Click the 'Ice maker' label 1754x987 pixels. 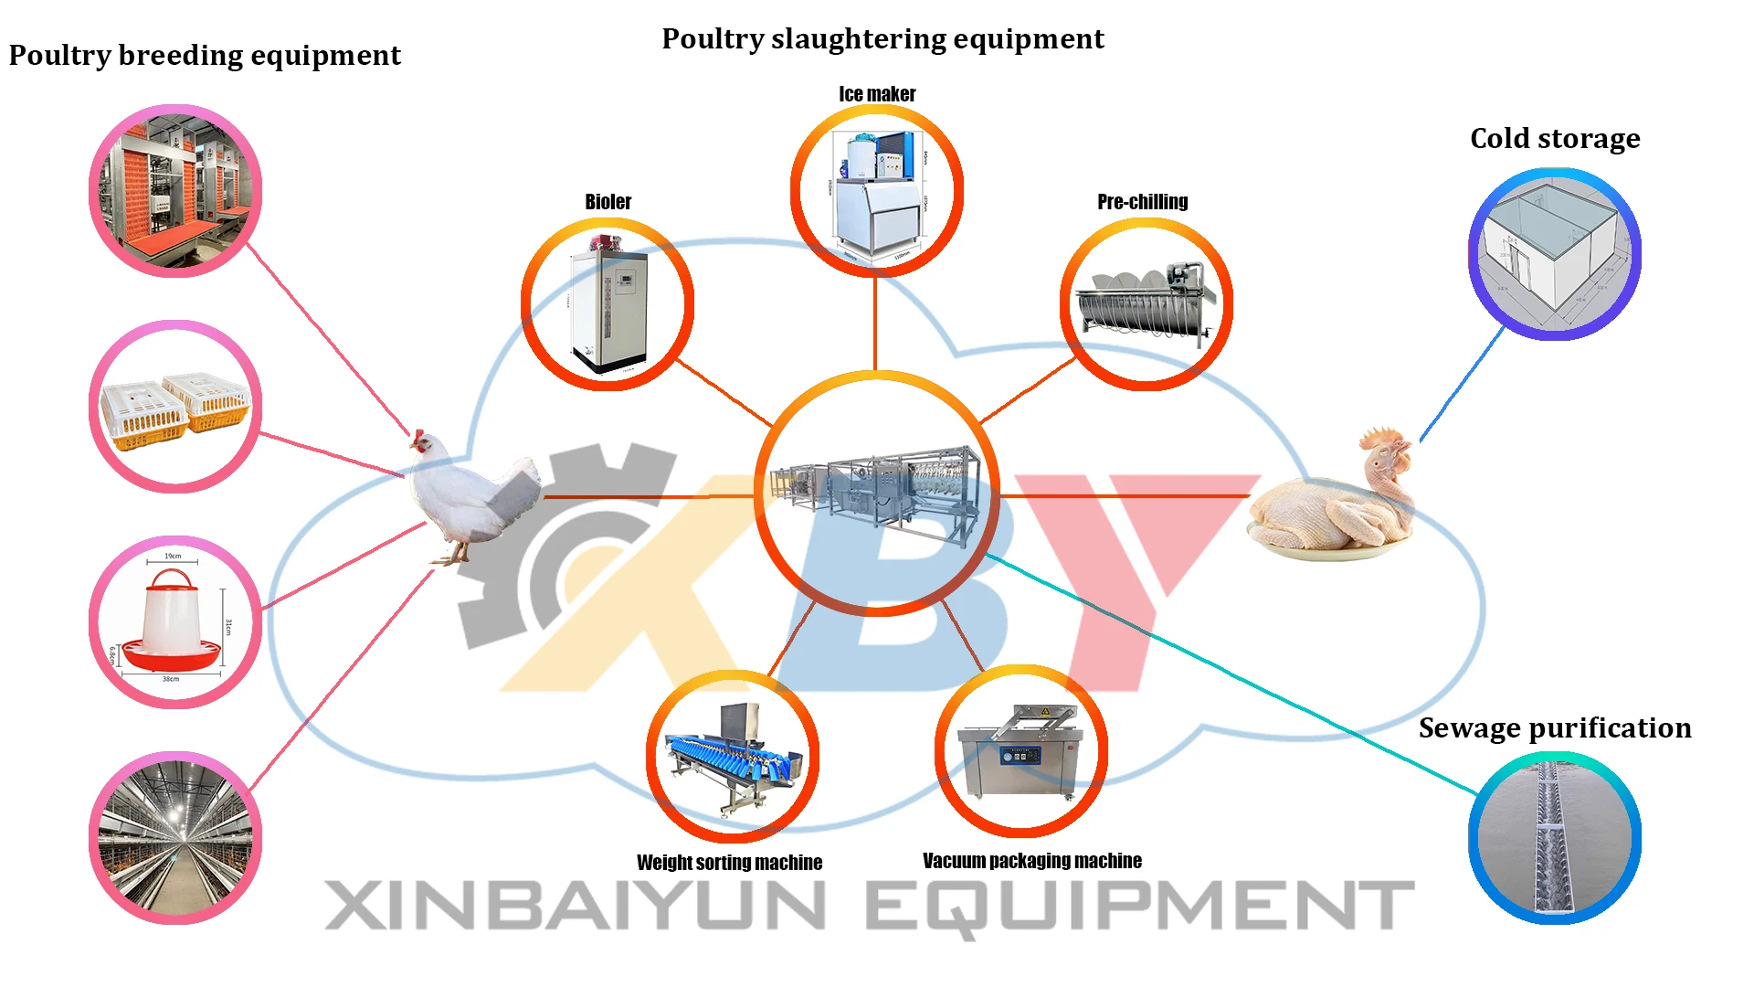coord(877,94)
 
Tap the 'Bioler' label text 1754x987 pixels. coord(608,202)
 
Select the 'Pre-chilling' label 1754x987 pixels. coord(1142,202)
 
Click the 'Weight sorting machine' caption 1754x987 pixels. coord(729,863)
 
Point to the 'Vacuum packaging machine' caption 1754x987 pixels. coord(1031,861)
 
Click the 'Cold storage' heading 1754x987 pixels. coord(1555,139)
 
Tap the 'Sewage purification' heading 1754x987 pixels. coord(1555,728)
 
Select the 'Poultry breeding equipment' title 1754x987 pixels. coord(205,56)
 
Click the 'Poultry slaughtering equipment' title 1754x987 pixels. coord(882,39)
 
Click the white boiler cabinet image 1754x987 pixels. coord(608,306)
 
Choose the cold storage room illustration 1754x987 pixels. coord(1554,253)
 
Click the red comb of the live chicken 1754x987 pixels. coord(417,436)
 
